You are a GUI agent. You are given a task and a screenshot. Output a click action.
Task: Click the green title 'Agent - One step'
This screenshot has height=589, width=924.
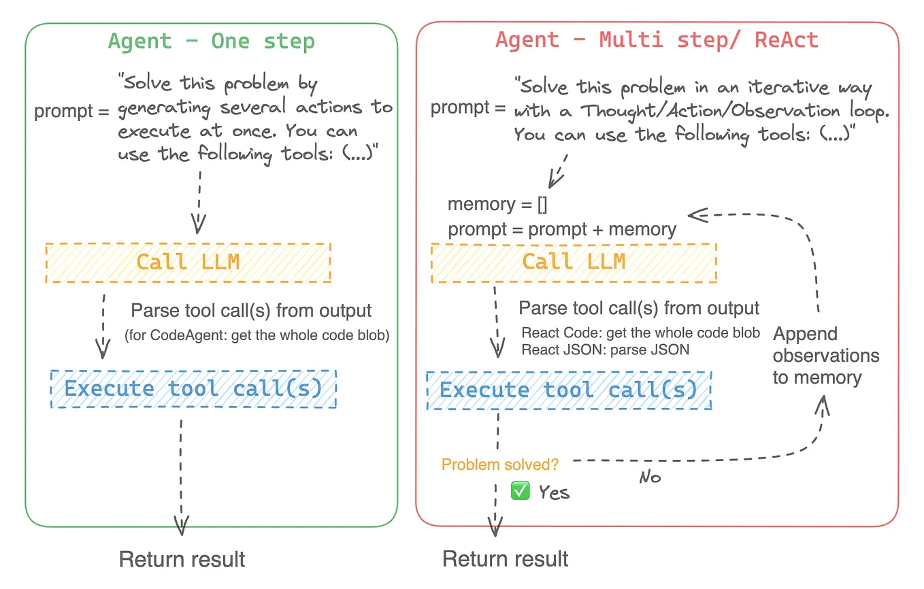211,41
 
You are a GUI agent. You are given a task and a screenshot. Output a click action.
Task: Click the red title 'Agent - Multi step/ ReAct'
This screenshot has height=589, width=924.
657,40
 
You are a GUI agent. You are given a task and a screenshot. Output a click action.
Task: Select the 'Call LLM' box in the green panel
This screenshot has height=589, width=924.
188,262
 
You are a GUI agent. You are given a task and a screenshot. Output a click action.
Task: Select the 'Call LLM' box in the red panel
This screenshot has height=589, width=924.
573,262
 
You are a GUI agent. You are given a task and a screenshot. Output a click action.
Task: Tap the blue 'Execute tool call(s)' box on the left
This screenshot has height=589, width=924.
193,389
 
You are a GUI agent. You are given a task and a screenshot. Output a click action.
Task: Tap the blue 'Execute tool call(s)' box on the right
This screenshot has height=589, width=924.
569,390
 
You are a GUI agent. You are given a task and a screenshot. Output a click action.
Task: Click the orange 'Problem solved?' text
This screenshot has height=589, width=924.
500,465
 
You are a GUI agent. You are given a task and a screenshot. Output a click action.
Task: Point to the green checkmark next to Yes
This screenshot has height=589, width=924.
520,490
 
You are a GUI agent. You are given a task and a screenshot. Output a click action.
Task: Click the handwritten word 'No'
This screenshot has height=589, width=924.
650,477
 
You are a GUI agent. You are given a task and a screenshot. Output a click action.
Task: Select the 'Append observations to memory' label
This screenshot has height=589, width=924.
825,356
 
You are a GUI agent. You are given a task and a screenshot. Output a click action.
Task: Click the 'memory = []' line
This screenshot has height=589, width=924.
497,205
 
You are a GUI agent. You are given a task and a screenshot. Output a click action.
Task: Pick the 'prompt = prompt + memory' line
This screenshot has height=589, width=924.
562,230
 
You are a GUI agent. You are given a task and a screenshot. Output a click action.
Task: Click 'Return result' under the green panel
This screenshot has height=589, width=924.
182,560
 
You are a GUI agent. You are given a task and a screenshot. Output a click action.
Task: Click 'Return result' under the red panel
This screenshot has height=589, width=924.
505,560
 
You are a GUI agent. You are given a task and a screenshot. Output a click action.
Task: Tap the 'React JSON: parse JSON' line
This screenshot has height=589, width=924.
605,350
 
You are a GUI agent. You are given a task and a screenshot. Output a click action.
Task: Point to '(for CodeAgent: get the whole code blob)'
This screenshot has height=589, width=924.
257,335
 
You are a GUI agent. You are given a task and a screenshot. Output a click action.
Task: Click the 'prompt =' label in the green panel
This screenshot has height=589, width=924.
72,111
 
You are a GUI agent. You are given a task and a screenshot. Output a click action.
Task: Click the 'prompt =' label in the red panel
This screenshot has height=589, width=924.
468,107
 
